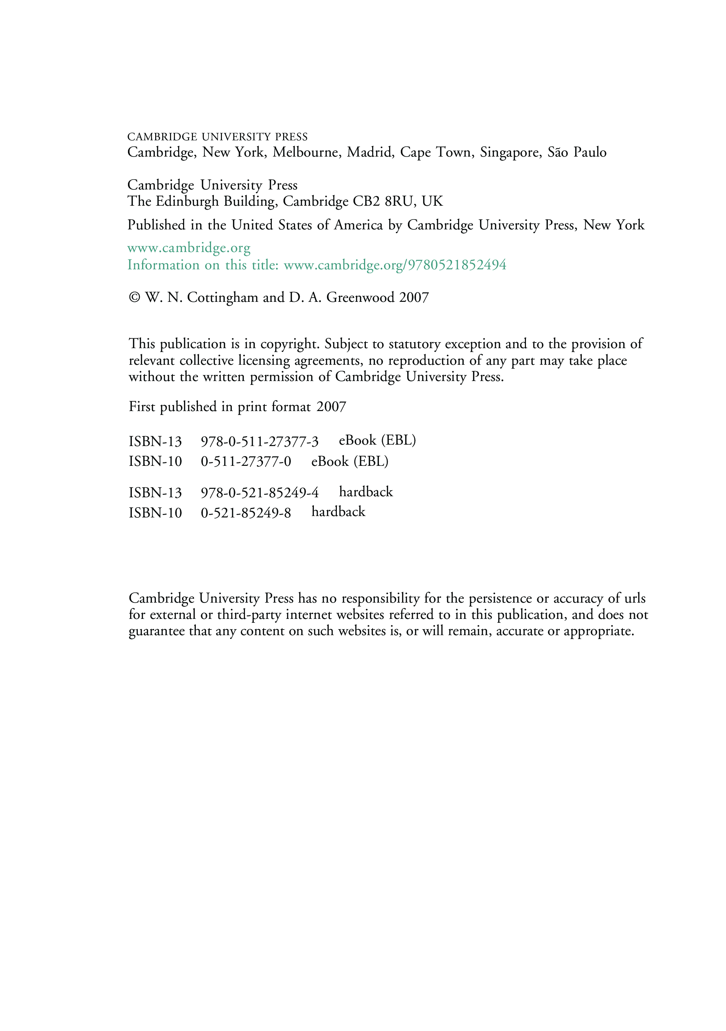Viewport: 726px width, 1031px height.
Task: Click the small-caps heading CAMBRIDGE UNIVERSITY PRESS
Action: (217, 137)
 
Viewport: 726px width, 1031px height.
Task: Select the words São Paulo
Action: (576, 152)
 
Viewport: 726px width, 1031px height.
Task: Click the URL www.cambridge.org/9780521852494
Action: (395, 265)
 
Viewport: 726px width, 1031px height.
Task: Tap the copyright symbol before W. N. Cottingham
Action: (134, 298)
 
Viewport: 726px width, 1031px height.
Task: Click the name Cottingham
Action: (222, 298)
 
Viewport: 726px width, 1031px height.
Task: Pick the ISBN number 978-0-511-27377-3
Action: (259, 442)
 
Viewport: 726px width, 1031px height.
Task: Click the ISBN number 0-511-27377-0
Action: (246, 462)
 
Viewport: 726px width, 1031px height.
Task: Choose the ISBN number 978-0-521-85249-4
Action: (259, 493)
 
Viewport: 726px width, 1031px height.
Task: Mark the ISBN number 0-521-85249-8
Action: (246, 513)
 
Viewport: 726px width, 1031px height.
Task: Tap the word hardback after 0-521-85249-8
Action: (338, 512)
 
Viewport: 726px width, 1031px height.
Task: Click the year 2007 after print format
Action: (331, 407)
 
